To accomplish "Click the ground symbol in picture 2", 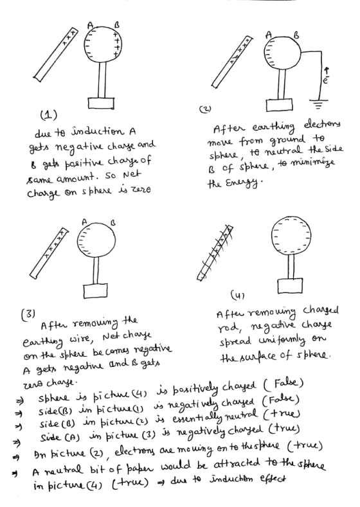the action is tap(319, 104).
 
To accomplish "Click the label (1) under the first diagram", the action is tap(48, 115).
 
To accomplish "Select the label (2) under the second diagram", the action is tap(205, 109).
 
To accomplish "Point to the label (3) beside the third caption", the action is tap(28, 314).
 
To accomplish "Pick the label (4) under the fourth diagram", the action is tap(237, 295).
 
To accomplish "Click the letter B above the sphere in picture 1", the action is tap(117, 24).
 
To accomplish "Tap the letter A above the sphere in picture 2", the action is tap(269, 34).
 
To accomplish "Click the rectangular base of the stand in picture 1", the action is tap(101, 103).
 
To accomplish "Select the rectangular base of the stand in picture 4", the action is tap(290, 285).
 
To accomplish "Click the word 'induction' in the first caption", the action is tap(98, 132).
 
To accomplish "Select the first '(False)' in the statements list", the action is tap(283, 384).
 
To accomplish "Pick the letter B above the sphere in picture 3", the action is tap(113, 223).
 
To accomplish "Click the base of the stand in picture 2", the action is tap(280, 105).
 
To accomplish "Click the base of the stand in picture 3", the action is tap(95, 290).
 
